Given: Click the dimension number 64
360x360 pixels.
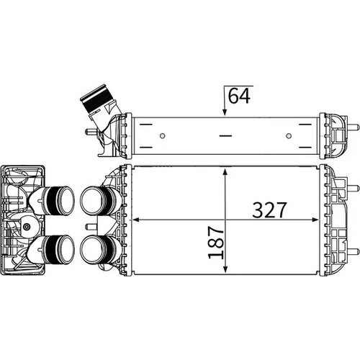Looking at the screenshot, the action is (239, 96).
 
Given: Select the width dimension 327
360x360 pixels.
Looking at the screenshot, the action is (269, 210).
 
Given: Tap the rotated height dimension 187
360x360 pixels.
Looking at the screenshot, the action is (216, 242).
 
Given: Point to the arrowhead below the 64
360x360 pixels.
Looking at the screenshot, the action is (225, 112).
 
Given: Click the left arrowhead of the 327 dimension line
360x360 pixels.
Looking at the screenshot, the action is (136, 220).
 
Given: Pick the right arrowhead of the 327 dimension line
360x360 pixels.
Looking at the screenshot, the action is (315, 220).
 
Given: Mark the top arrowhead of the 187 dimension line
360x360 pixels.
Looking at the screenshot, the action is (225, 172).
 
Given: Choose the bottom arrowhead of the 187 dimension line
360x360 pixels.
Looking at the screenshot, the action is (225, 269).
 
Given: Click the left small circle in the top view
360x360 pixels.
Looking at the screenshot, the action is (163, 136).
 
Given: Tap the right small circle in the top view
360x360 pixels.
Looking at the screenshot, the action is (289, 136).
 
